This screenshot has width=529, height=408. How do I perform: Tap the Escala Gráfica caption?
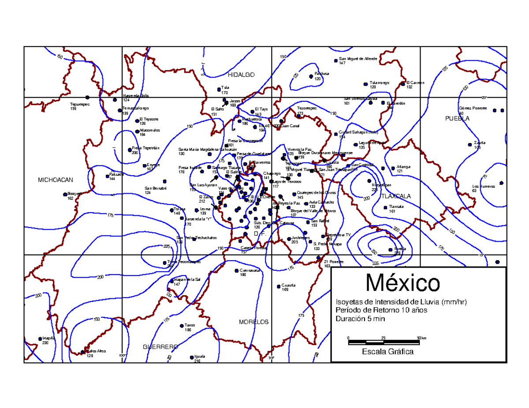(x=387, y=352)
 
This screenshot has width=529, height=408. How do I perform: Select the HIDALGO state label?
(x=242, y=75)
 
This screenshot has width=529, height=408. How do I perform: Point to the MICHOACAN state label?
(x=55, y=180)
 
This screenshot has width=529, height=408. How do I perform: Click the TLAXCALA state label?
(x=395, y=196)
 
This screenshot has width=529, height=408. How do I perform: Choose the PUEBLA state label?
(x=457, y=118)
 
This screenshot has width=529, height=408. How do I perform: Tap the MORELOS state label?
(x=253, y=322)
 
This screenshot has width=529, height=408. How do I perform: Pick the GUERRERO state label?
(x=160, y=347)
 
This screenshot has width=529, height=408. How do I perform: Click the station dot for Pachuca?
(x=311, y=76)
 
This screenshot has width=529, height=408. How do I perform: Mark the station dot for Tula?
(x=219, y=89)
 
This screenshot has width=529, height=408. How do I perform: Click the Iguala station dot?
(x=191, y=357)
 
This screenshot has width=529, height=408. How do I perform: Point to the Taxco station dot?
(x=182, y=326)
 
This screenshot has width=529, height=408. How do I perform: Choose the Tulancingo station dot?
(x=365, y=84)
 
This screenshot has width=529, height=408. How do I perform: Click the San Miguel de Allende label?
(x=358, y=59)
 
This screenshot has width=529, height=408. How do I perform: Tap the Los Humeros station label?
(x=483, y=186)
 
